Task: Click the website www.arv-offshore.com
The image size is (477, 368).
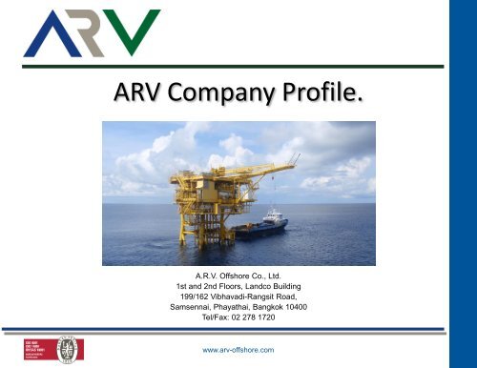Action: [x=239, y=349]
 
